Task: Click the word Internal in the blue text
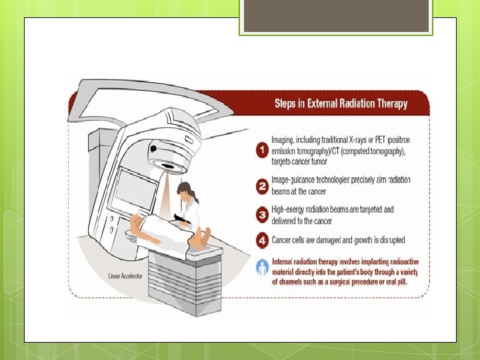(x=285, y=261)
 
